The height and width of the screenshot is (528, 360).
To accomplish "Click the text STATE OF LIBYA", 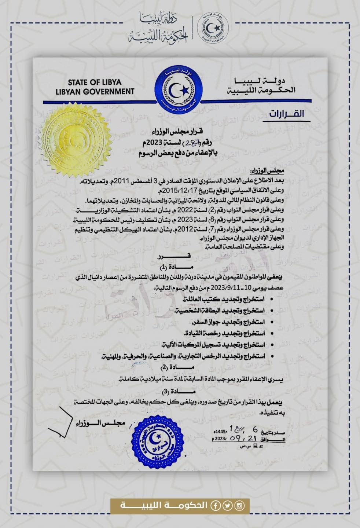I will pyautogui.click(x=95, y=82).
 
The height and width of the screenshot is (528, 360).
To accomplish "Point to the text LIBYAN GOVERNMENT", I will pyautogui.click(x=95, y=91).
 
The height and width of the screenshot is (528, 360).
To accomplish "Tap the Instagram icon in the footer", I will pyautogui.click(x=239, y=506).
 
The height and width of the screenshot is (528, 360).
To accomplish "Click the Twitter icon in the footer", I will pyautogui.click(x=227, y=506).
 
